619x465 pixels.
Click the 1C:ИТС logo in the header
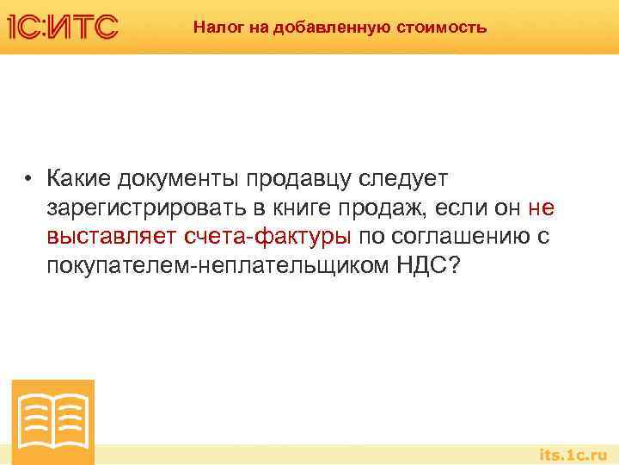point(63,27)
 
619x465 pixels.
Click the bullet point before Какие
point(28,179)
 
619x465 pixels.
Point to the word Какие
point(82,178)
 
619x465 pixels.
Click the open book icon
point(53,421)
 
